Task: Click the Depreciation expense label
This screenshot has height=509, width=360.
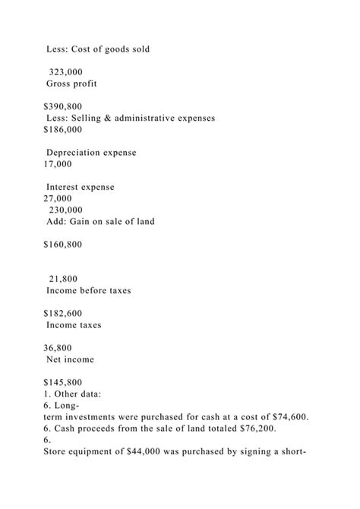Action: pos(91,153)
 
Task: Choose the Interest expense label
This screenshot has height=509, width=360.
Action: pos(81,187)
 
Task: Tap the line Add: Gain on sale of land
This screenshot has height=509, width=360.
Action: pos(100,222)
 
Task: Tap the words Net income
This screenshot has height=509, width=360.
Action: pos(71,359)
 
